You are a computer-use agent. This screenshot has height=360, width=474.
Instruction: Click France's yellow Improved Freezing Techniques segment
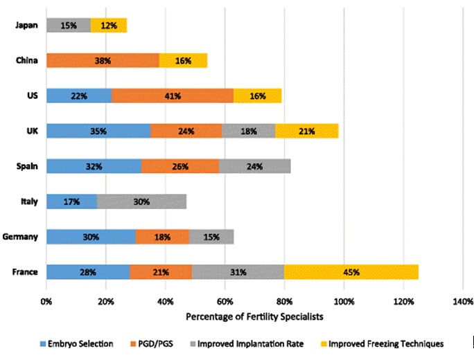pyautogui.click(x=351, y=272)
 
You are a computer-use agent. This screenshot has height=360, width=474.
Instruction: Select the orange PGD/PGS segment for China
pyautogui.click(x=103, y=60)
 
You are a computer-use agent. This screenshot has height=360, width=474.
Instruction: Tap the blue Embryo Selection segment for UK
pyautogui.click(x=98, y=131)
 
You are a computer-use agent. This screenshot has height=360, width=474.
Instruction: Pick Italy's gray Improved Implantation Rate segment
pyautogui.click(x=142, y=201)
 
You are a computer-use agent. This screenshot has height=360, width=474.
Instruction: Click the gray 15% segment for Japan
pyautogui.click(x=69, y=26)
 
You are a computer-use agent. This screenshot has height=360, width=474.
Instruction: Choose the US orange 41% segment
pyautogui.click(x=173, y=96)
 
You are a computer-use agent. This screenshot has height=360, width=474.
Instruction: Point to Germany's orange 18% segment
pyautogui.click(x=162, y=237)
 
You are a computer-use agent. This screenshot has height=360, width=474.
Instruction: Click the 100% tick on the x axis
pyautogui.click(x=344, y=302)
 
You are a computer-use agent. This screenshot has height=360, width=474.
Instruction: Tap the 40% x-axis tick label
pyautogui.click(x=166, y=302)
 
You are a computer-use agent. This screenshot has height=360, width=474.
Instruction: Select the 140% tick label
pyautogui.click(x=463, y=302)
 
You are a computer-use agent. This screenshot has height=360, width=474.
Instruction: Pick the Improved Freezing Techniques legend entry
pyautogui.click(x=385, y=343)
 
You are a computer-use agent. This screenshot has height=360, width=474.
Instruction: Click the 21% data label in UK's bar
pyautogui.click(x=307, y=131)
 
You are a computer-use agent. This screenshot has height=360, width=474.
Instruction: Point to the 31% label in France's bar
pyautogui.click(x=238, y=272)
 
